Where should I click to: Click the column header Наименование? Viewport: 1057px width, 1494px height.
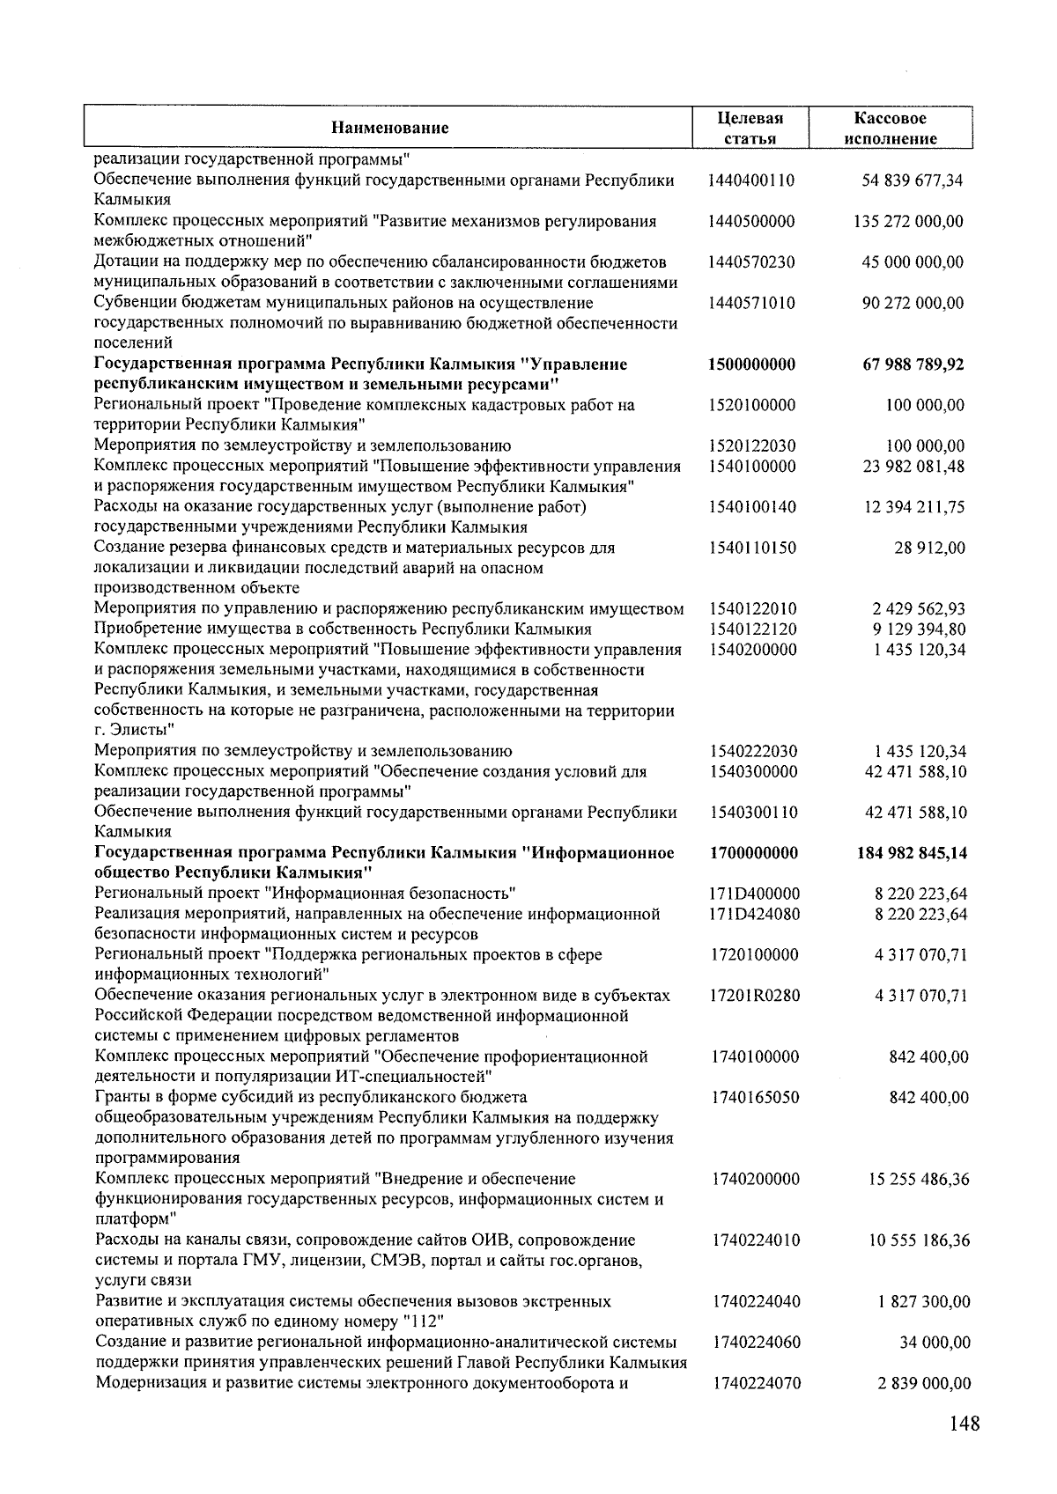[389, 128]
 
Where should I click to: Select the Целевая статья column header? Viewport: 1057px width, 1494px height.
[750, 128]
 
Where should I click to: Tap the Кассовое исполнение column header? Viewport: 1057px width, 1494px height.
[890, 128]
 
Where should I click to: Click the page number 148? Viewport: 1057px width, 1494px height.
[964, 1424]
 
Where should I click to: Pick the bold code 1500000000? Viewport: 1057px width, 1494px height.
[751, 364]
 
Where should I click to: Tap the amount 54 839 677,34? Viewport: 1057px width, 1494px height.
[912, 180]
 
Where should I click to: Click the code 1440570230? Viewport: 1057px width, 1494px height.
[751, 262]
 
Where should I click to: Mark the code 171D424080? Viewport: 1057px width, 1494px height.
[755, 914]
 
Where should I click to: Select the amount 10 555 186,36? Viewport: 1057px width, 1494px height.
[919, 1240]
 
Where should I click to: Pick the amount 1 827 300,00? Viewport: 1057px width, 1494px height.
[924, 1301]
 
